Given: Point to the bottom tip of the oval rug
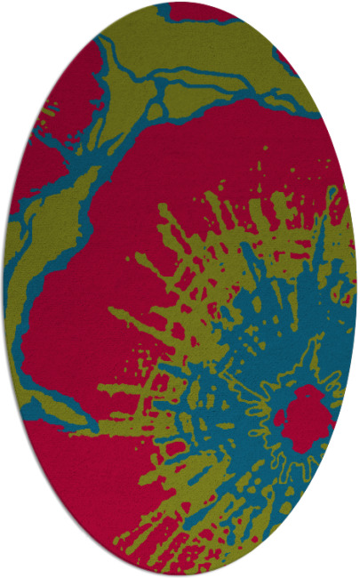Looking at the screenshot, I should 180,574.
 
